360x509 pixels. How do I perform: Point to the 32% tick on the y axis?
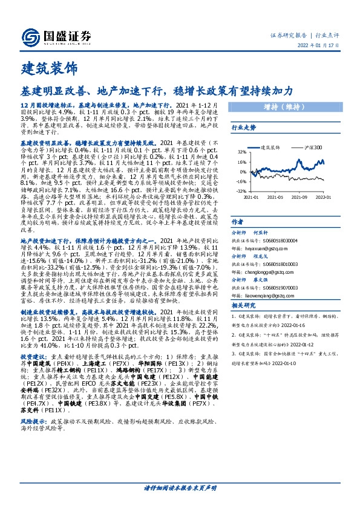241,152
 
